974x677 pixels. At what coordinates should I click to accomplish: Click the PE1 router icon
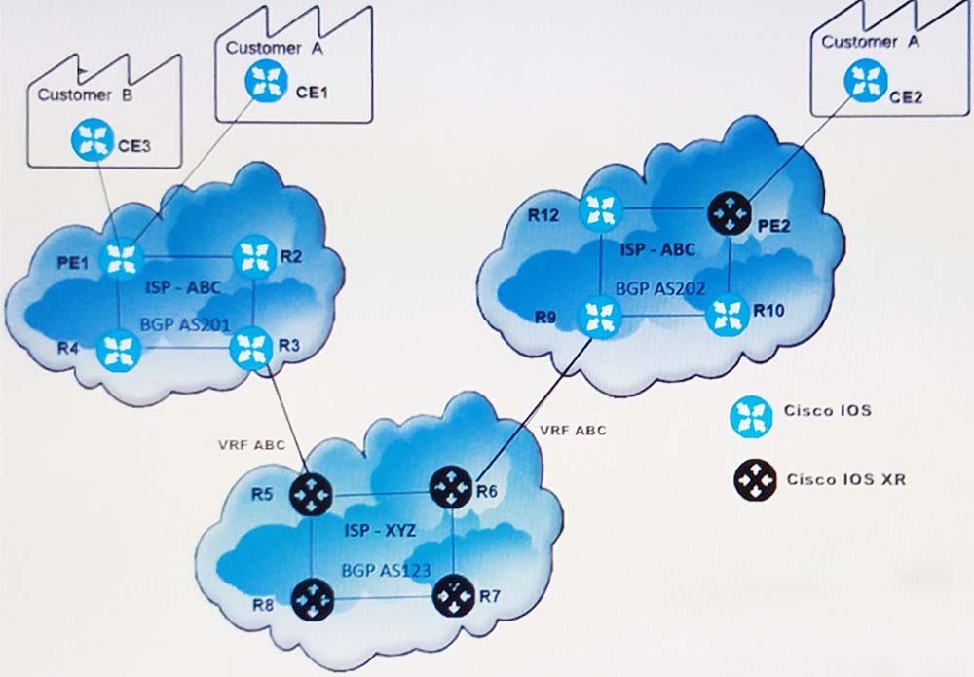tap(122, 259)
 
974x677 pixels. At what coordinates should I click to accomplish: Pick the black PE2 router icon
tap(731, 210)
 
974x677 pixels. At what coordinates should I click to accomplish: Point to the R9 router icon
tap(598, 316)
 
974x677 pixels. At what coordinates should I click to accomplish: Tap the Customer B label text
tap(78, 95)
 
